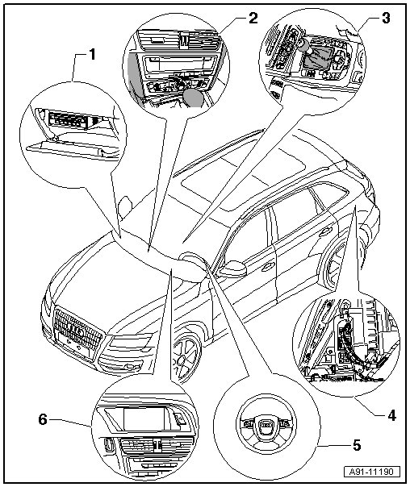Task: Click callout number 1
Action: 92,55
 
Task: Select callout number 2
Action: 253,18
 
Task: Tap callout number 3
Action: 386,18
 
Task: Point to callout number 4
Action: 391,415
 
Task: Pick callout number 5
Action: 356,445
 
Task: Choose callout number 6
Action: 43,420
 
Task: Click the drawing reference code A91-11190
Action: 371,472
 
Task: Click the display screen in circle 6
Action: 146,419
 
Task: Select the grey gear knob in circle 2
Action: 193,98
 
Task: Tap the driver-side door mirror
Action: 234,268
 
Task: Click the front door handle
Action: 268,267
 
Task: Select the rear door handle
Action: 325,231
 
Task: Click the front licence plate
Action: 73,343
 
